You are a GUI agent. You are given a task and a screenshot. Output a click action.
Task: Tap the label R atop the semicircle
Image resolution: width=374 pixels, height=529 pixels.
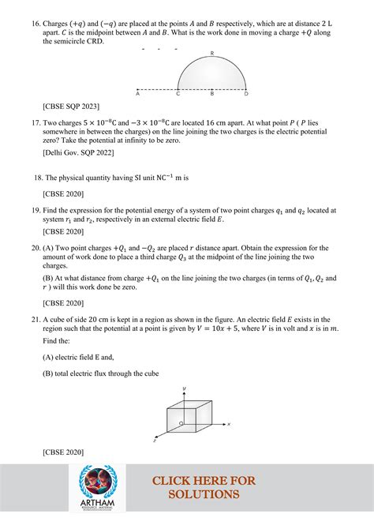(x=212, y=53)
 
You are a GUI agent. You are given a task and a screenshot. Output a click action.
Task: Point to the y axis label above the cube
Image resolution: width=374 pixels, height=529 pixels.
(x=183, y=388)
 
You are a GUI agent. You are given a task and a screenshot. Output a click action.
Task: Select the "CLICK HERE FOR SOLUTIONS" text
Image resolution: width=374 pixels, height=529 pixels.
(x=204, y=487)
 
